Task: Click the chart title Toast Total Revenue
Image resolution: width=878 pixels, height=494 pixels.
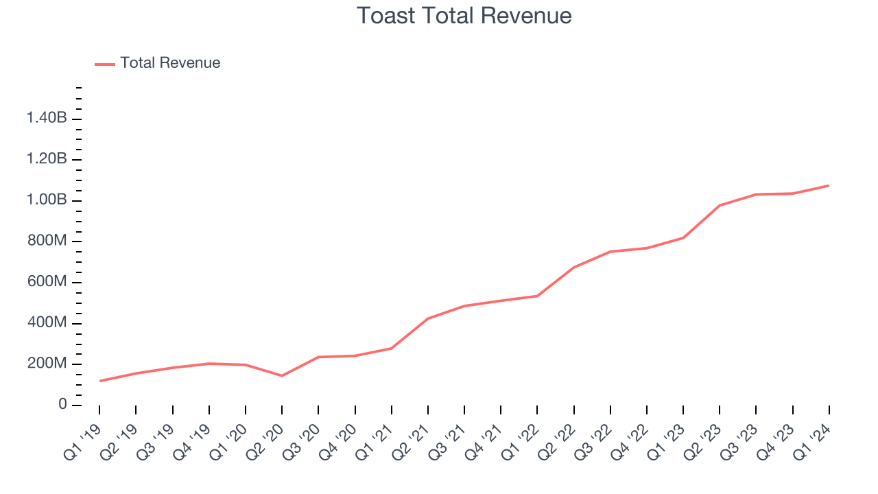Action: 464,16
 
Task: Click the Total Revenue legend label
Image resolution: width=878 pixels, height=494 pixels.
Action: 170,63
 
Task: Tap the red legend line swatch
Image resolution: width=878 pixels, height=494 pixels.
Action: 105,64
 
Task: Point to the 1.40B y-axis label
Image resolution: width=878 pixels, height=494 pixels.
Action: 47,119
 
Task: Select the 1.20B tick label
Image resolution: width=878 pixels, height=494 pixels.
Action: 47,159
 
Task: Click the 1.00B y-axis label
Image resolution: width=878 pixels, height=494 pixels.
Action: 47,200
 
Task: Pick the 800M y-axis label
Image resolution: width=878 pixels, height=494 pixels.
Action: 47,242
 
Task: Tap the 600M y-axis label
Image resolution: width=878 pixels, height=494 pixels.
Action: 47,282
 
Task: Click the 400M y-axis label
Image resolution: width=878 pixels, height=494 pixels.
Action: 47,323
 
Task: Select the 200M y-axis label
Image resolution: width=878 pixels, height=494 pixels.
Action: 47,364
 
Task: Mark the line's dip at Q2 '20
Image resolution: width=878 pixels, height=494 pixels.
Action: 282,375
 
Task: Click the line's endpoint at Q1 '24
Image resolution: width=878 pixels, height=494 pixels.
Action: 829,185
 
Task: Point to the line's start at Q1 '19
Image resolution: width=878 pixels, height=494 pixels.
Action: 99,381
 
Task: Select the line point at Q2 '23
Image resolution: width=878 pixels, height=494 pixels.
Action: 720,205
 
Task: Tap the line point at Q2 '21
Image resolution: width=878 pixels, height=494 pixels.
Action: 428,318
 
